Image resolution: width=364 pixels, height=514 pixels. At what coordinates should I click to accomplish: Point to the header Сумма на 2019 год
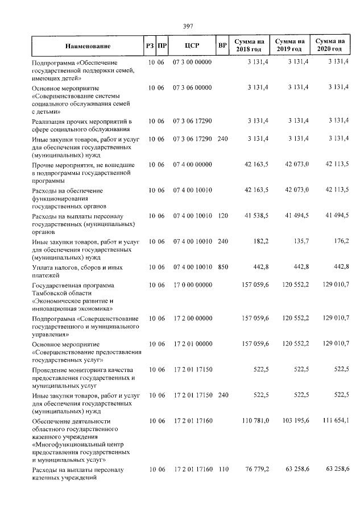click(x=289, y=45)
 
